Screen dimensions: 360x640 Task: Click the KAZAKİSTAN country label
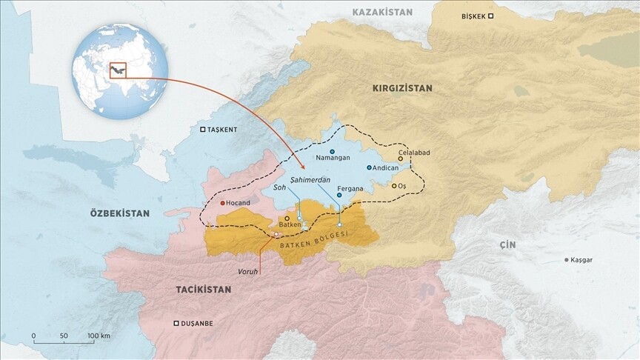(x=381, y=13)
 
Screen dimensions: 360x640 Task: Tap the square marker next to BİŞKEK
(x=490, y=16)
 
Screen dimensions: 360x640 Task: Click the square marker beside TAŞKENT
(x=203, y=130)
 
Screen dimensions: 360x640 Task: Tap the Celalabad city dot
(x=401, y=159)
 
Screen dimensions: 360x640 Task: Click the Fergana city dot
(x=339, y=196)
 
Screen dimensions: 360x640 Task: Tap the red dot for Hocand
(x=223, y=203)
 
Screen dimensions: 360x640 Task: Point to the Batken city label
(x=290, y=226)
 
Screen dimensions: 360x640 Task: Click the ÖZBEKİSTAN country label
(x=119, y=213)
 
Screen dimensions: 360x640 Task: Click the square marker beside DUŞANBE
(x=176, y=323)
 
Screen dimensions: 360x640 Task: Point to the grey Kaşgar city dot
(x=567, y=260)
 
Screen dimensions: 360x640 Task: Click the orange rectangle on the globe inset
(x=118, y=70)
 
